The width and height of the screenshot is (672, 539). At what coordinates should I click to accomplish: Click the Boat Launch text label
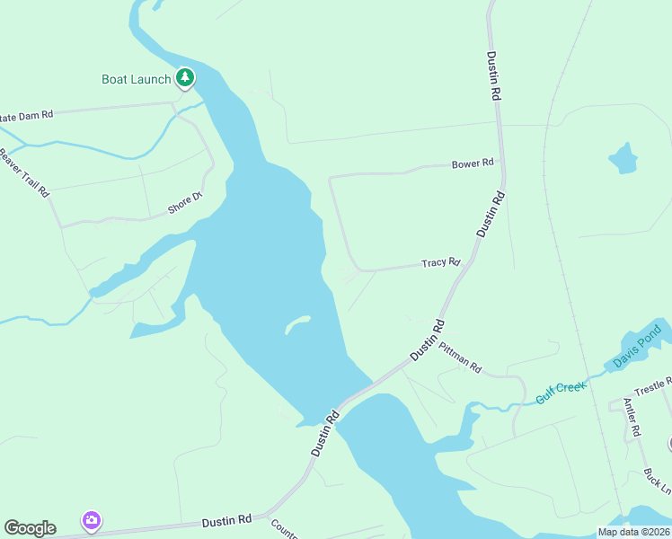point(136,79)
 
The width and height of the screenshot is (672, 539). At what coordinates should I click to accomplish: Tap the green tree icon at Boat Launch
point(185,79)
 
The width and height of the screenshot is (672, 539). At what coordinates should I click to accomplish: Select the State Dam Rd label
point(27,115)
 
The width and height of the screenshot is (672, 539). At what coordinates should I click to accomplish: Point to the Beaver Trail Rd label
point(25,172)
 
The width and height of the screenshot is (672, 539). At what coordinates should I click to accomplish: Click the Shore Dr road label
point(186,203)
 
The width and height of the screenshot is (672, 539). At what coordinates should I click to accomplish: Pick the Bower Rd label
point(473,163)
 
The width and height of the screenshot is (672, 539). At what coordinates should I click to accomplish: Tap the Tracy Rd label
point(441,263)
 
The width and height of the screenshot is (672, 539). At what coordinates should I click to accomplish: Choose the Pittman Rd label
point(461,357)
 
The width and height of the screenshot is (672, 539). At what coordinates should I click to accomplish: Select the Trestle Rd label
point(653,386)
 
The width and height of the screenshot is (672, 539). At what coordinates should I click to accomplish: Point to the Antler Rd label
point(632,418)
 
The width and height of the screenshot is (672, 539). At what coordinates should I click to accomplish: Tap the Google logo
point(30,528)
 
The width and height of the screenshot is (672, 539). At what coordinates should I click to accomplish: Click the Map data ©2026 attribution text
point(632,532)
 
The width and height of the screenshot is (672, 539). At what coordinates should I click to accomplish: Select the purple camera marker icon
point(91,520)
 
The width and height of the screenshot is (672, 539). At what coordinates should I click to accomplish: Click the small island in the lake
point(298,323)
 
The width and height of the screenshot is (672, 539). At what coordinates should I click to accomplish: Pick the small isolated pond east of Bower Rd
point(623,158)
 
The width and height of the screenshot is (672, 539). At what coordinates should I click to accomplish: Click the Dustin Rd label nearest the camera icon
point(226,520)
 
